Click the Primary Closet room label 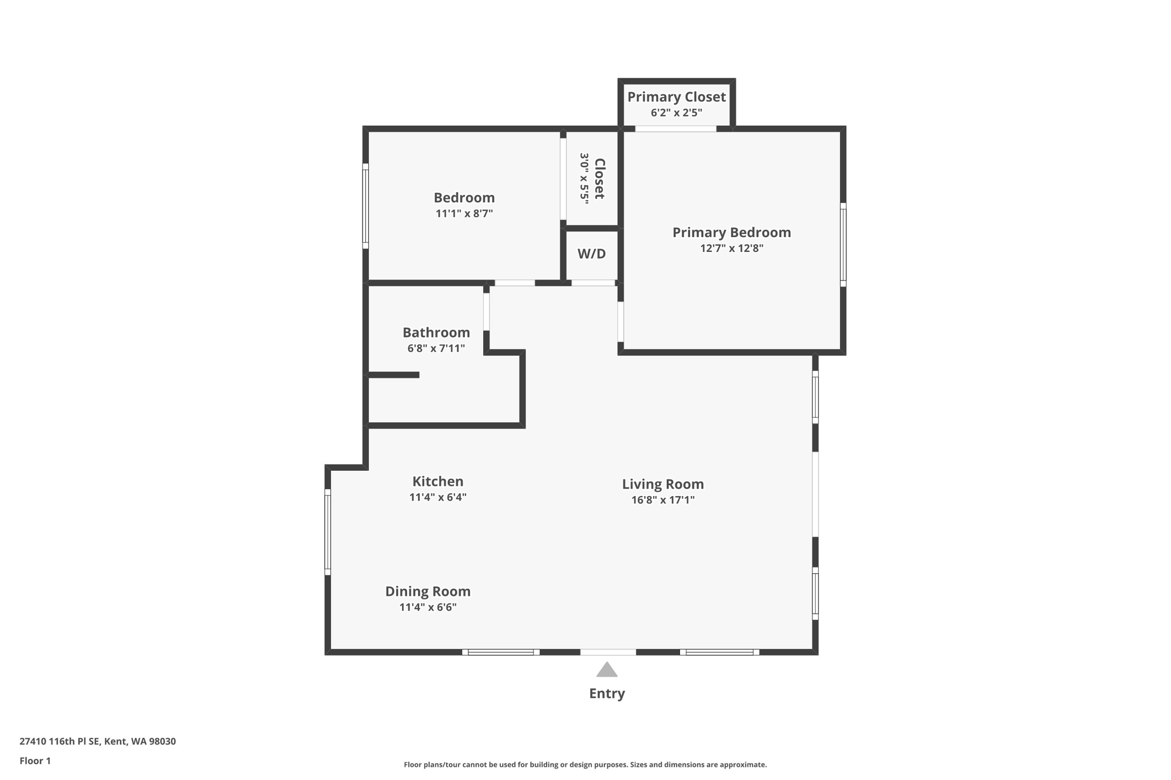pos(676,97)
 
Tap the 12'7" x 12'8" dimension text pos(731,248)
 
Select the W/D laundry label pos(591,254)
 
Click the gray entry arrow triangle pos(607,670)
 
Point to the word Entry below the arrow pos(607,693)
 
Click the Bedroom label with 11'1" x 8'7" pos(464,198)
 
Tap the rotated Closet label pos(599,179)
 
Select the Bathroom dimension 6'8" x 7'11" pos(436,348)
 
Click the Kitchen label pos(437,481)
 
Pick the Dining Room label pos(428,591)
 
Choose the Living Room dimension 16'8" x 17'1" pos(663,500)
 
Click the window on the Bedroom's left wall pos(365,206)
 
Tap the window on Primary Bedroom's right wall pos(843,245)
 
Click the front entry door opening pos(608,652)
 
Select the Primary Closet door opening pos(675,129)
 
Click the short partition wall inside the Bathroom pos(393,375)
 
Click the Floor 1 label pos(35,761)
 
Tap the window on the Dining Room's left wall pos(328,531)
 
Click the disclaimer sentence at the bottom pos(585,765)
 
